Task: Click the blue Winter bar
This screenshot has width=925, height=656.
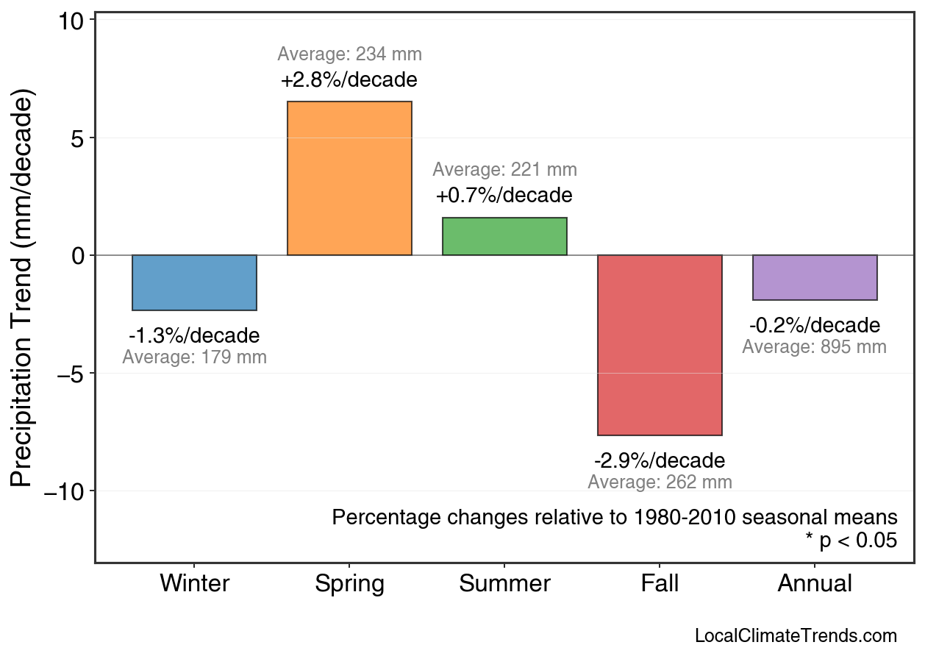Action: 194,282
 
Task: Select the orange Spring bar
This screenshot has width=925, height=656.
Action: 349,178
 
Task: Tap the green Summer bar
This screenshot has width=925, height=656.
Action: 504,236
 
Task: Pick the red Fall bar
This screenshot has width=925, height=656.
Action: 660,345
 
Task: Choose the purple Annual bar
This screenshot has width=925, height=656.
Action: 815,277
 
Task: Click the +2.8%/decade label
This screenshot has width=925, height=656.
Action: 349,79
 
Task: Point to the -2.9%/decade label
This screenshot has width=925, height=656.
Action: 660,461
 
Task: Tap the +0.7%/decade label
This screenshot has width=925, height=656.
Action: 504,196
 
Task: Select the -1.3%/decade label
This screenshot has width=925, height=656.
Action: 194,336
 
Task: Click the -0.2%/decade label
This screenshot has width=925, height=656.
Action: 815,325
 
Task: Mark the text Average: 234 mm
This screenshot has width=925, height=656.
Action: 349,54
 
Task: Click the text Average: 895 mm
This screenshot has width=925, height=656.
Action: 815,347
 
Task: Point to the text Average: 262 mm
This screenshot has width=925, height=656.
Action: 660,482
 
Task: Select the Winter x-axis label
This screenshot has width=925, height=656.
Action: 194,584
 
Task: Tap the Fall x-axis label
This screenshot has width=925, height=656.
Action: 660,584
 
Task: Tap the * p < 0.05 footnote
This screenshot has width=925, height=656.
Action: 851,541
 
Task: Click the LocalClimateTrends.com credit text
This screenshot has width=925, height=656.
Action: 796,636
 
